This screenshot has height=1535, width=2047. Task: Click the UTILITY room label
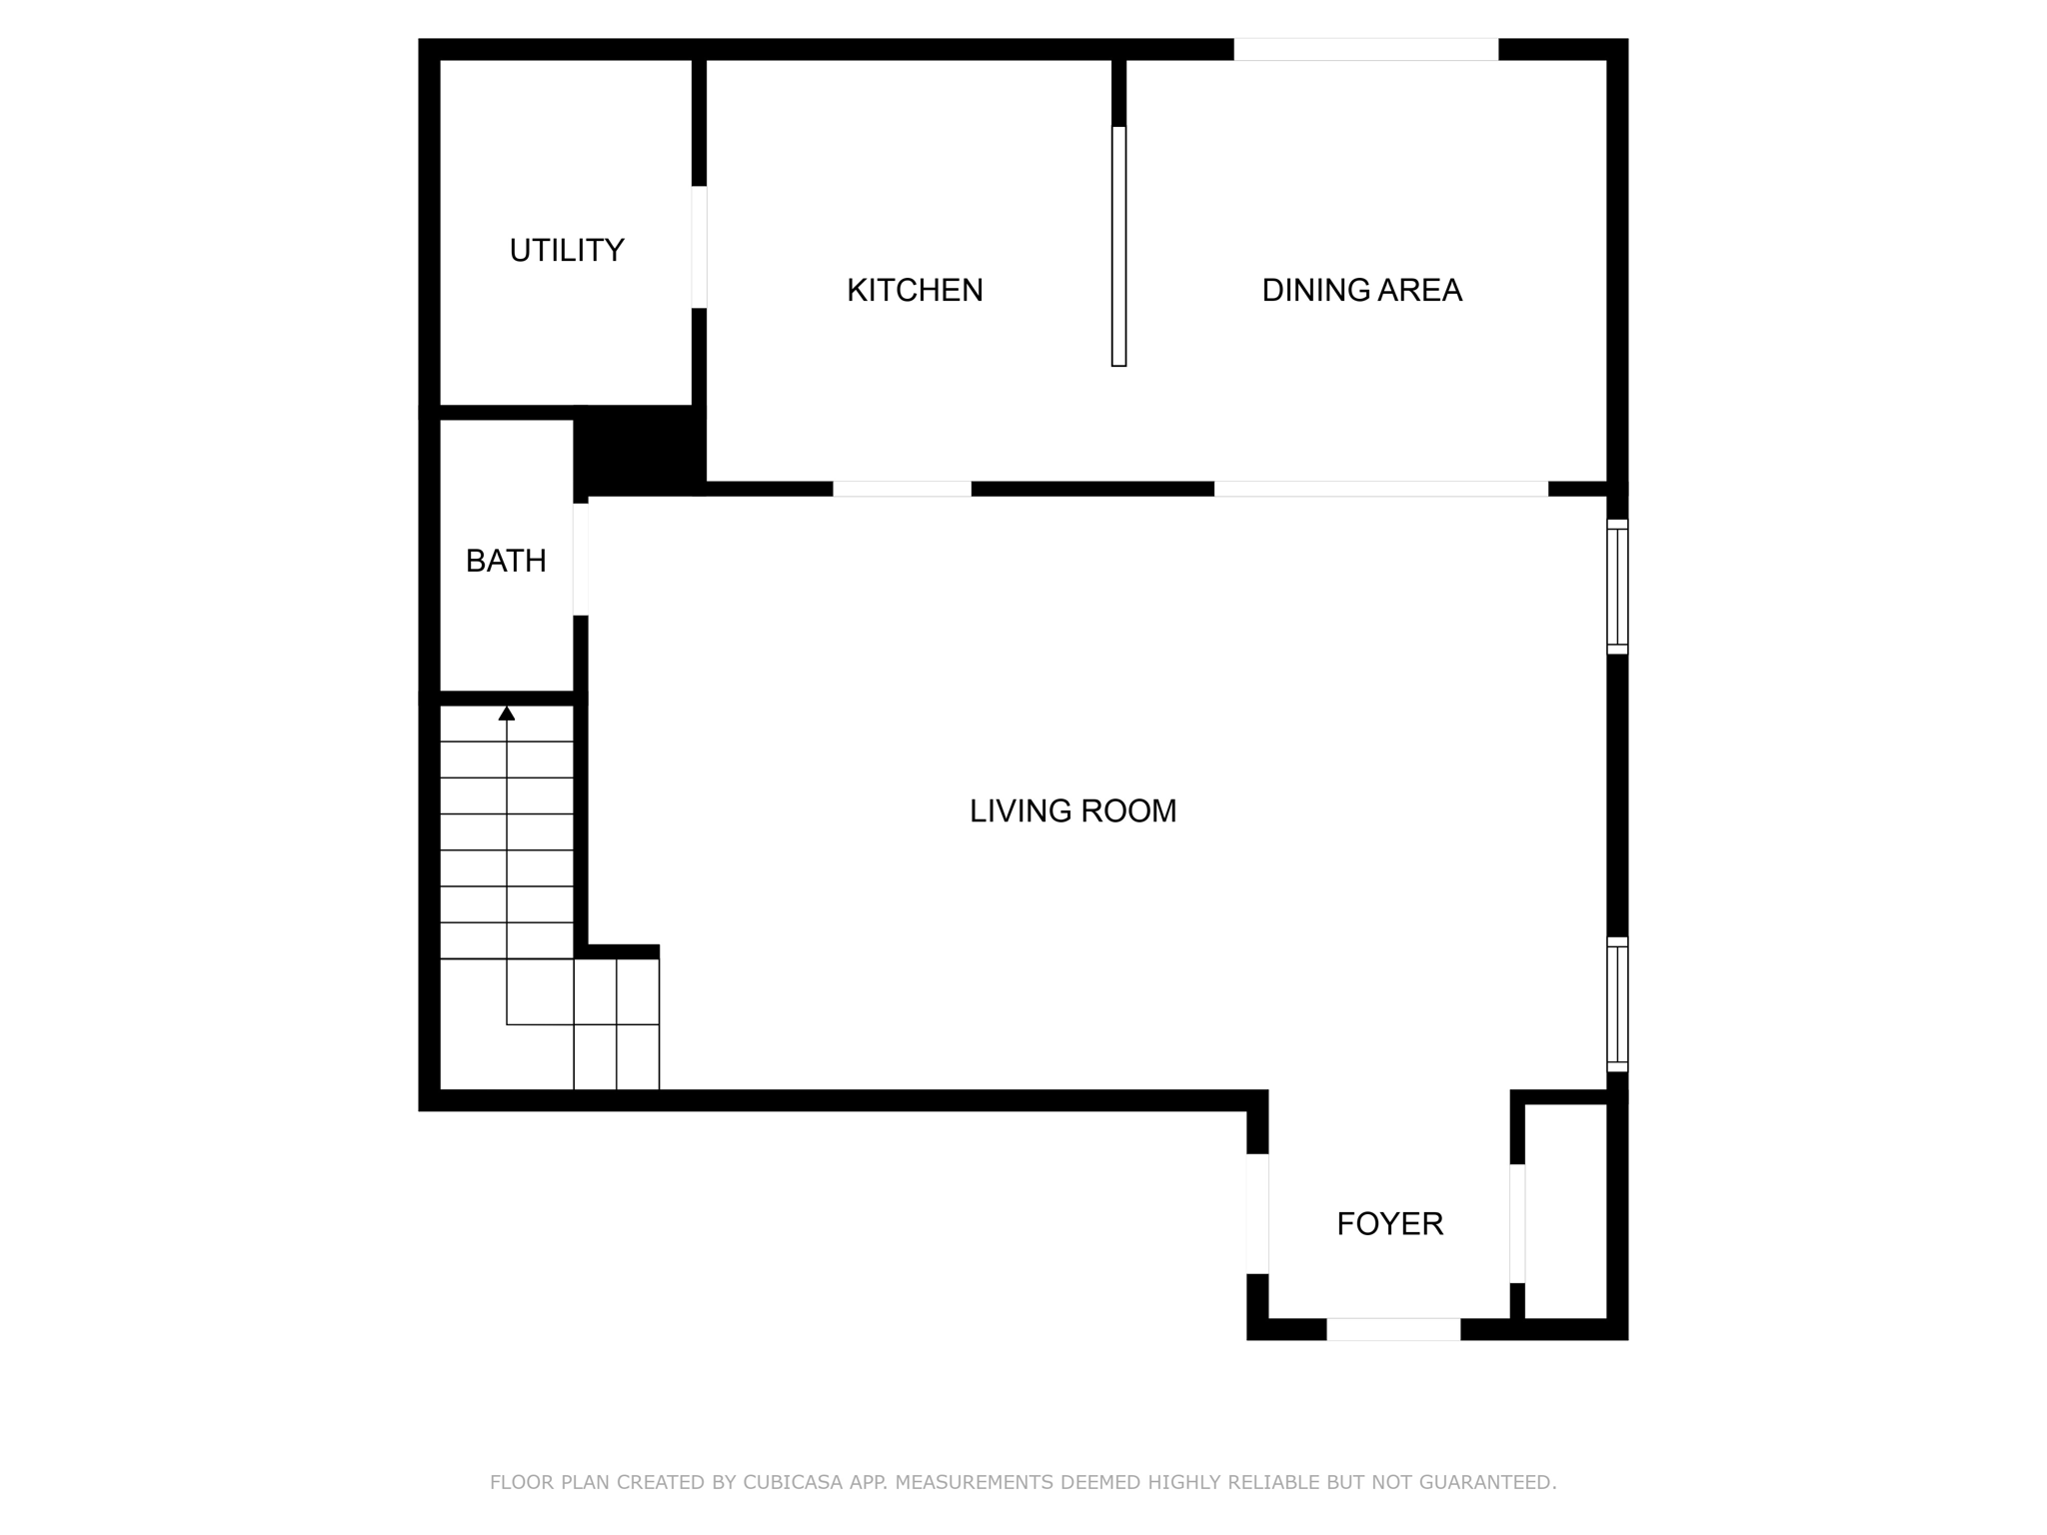click(567, 250)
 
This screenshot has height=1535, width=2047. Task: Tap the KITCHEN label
click(915, 290)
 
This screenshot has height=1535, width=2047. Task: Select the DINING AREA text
click(1361, 290)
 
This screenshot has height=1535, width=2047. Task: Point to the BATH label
click(506, 561)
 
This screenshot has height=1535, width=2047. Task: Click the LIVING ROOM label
click(1072, 810)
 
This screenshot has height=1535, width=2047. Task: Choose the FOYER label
click(1389, 1223)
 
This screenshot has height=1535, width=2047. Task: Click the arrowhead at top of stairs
click(507, 713)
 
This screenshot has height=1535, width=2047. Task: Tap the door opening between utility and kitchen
click(700, 247)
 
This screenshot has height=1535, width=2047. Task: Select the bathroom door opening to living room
click(581, 559)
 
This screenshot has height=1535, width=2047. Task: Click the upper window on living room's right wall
click(1617, 587)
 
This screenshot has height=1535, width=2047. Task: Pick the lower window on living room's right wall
click(1617, 1004)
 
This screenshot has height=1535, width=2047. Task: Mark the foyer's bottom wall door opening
click(1393, 1329)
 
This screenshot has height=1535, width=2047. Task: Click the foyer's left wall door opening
click(1257, 1213)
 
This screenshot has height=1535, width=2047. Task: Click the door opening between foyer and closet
click(1517, 1223)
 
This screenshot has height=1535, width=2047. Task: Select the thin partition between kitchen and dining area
click(1118, 246)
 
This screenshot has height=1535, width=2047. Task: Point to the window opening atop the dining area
click(1365, 49)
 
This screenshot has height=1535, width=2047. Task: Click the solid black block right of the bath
click(640, 450)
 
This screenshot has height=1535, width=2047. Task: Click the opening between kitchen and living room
click(902, 489)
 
